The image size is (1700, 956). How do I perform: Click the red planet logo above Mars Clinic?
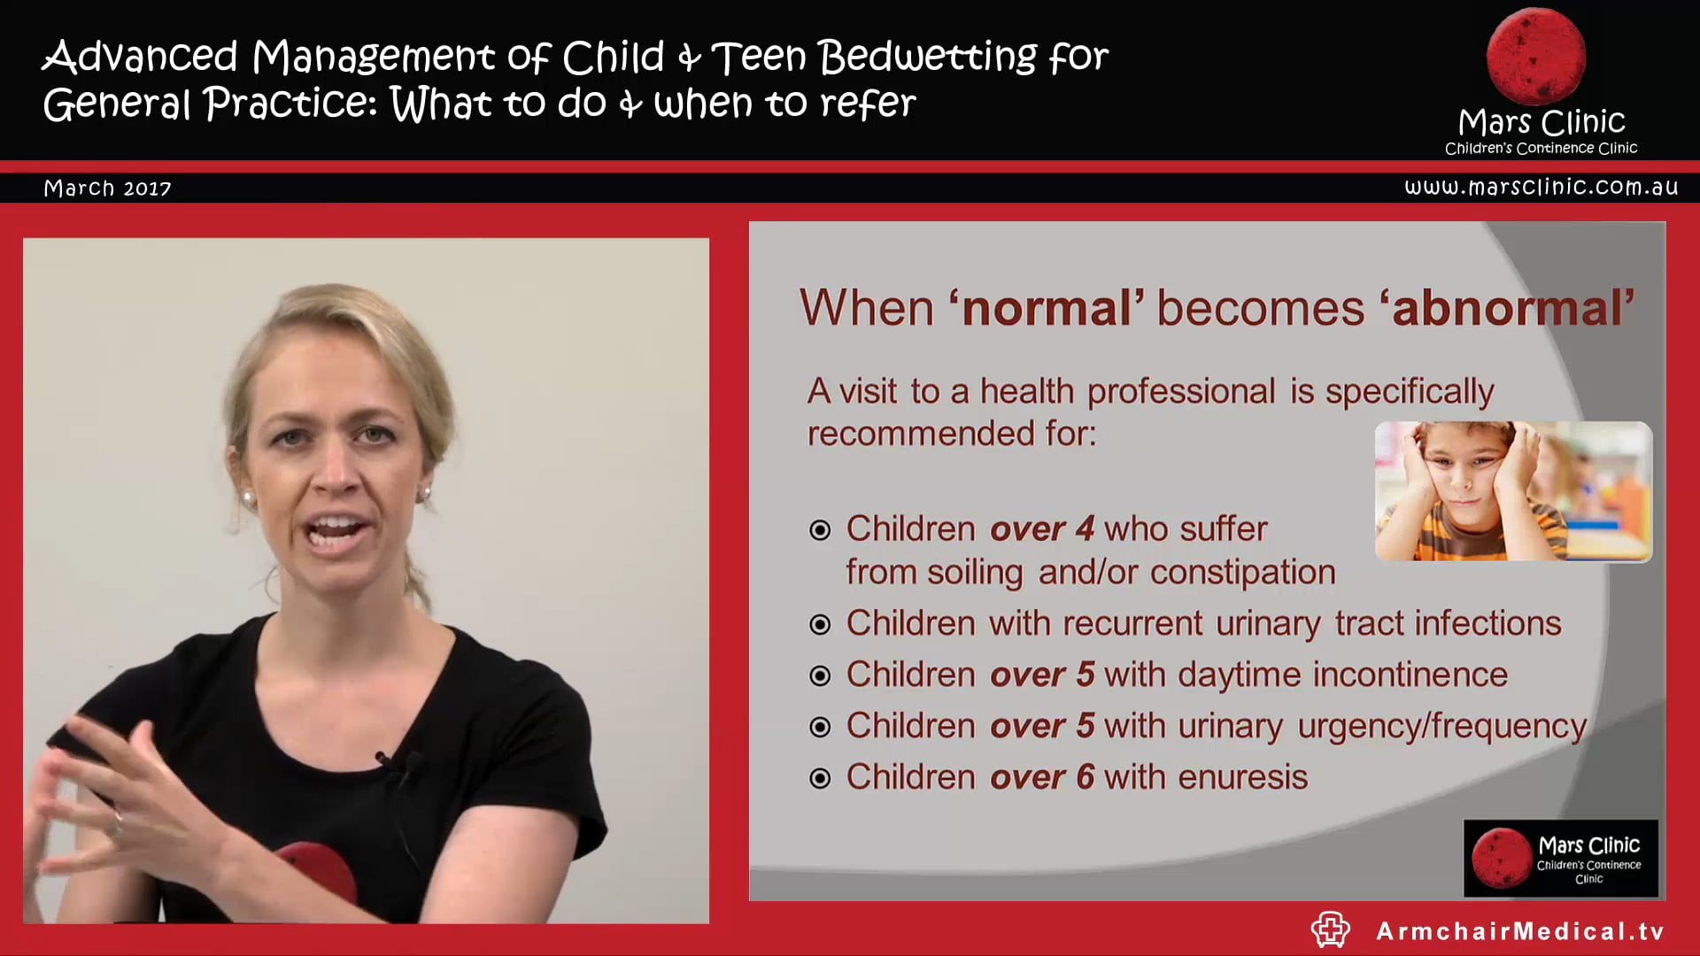click(x=1535, y=56)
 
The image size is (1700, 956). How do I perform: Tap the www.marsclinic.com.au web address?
click(x=1541, y=187)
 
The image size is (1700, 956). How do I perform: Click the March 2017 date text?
click(x=107, y=188)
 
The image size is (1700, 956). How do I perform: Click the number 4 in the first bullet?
click(x=1085, y=528)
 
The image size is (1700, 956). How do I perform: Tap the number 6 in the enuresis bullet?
click(x=1085, y=776)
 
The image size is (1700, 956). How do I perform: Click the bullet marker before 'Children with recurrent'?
click(x=820, y=624)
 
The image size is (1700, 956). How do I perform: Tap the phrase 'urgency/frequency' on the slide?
click(x=1441, y=726)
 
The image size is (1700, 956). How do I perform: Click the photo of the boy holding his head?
click(x=1512, y=491)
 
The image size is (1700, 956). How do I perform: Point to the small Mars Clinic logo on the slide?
click(x=1560, y=858)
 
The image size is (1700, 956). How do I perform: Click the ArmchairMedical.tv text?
click(x=1519, y=931)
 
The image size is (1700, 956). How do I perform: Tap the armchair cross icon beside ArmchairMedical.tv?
click(x=1330, y=929)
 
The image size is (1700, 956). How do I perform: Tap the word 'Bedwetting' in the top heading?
click(x=927, y=58)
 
